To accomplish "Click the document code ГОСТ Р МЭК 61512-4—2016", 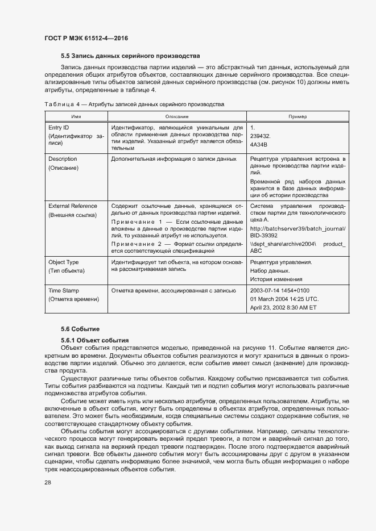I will point(85,38).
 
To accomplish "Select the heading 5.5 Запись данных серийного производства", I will point(130,56).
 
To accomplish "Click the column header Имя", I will point(76,116).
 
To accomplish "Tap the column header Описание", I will point(177,116).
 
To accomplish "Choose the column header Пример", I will point(298,116).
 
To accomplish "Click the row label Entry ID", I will point(58,128).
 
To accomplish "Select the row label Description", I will point(63,159).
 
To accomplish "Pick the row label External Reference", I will point(73,206).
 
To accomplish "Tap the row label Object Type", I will point(64,262).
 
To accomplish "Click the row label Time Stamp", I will point(63,290).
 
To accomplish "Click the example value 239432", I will point(261,137).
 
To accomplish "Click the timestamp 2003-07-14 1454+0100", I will point(279,290).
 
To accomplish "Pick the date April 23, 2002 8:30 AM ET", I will point(283,307).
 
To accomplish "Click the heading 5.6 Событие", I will point(80,329).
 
